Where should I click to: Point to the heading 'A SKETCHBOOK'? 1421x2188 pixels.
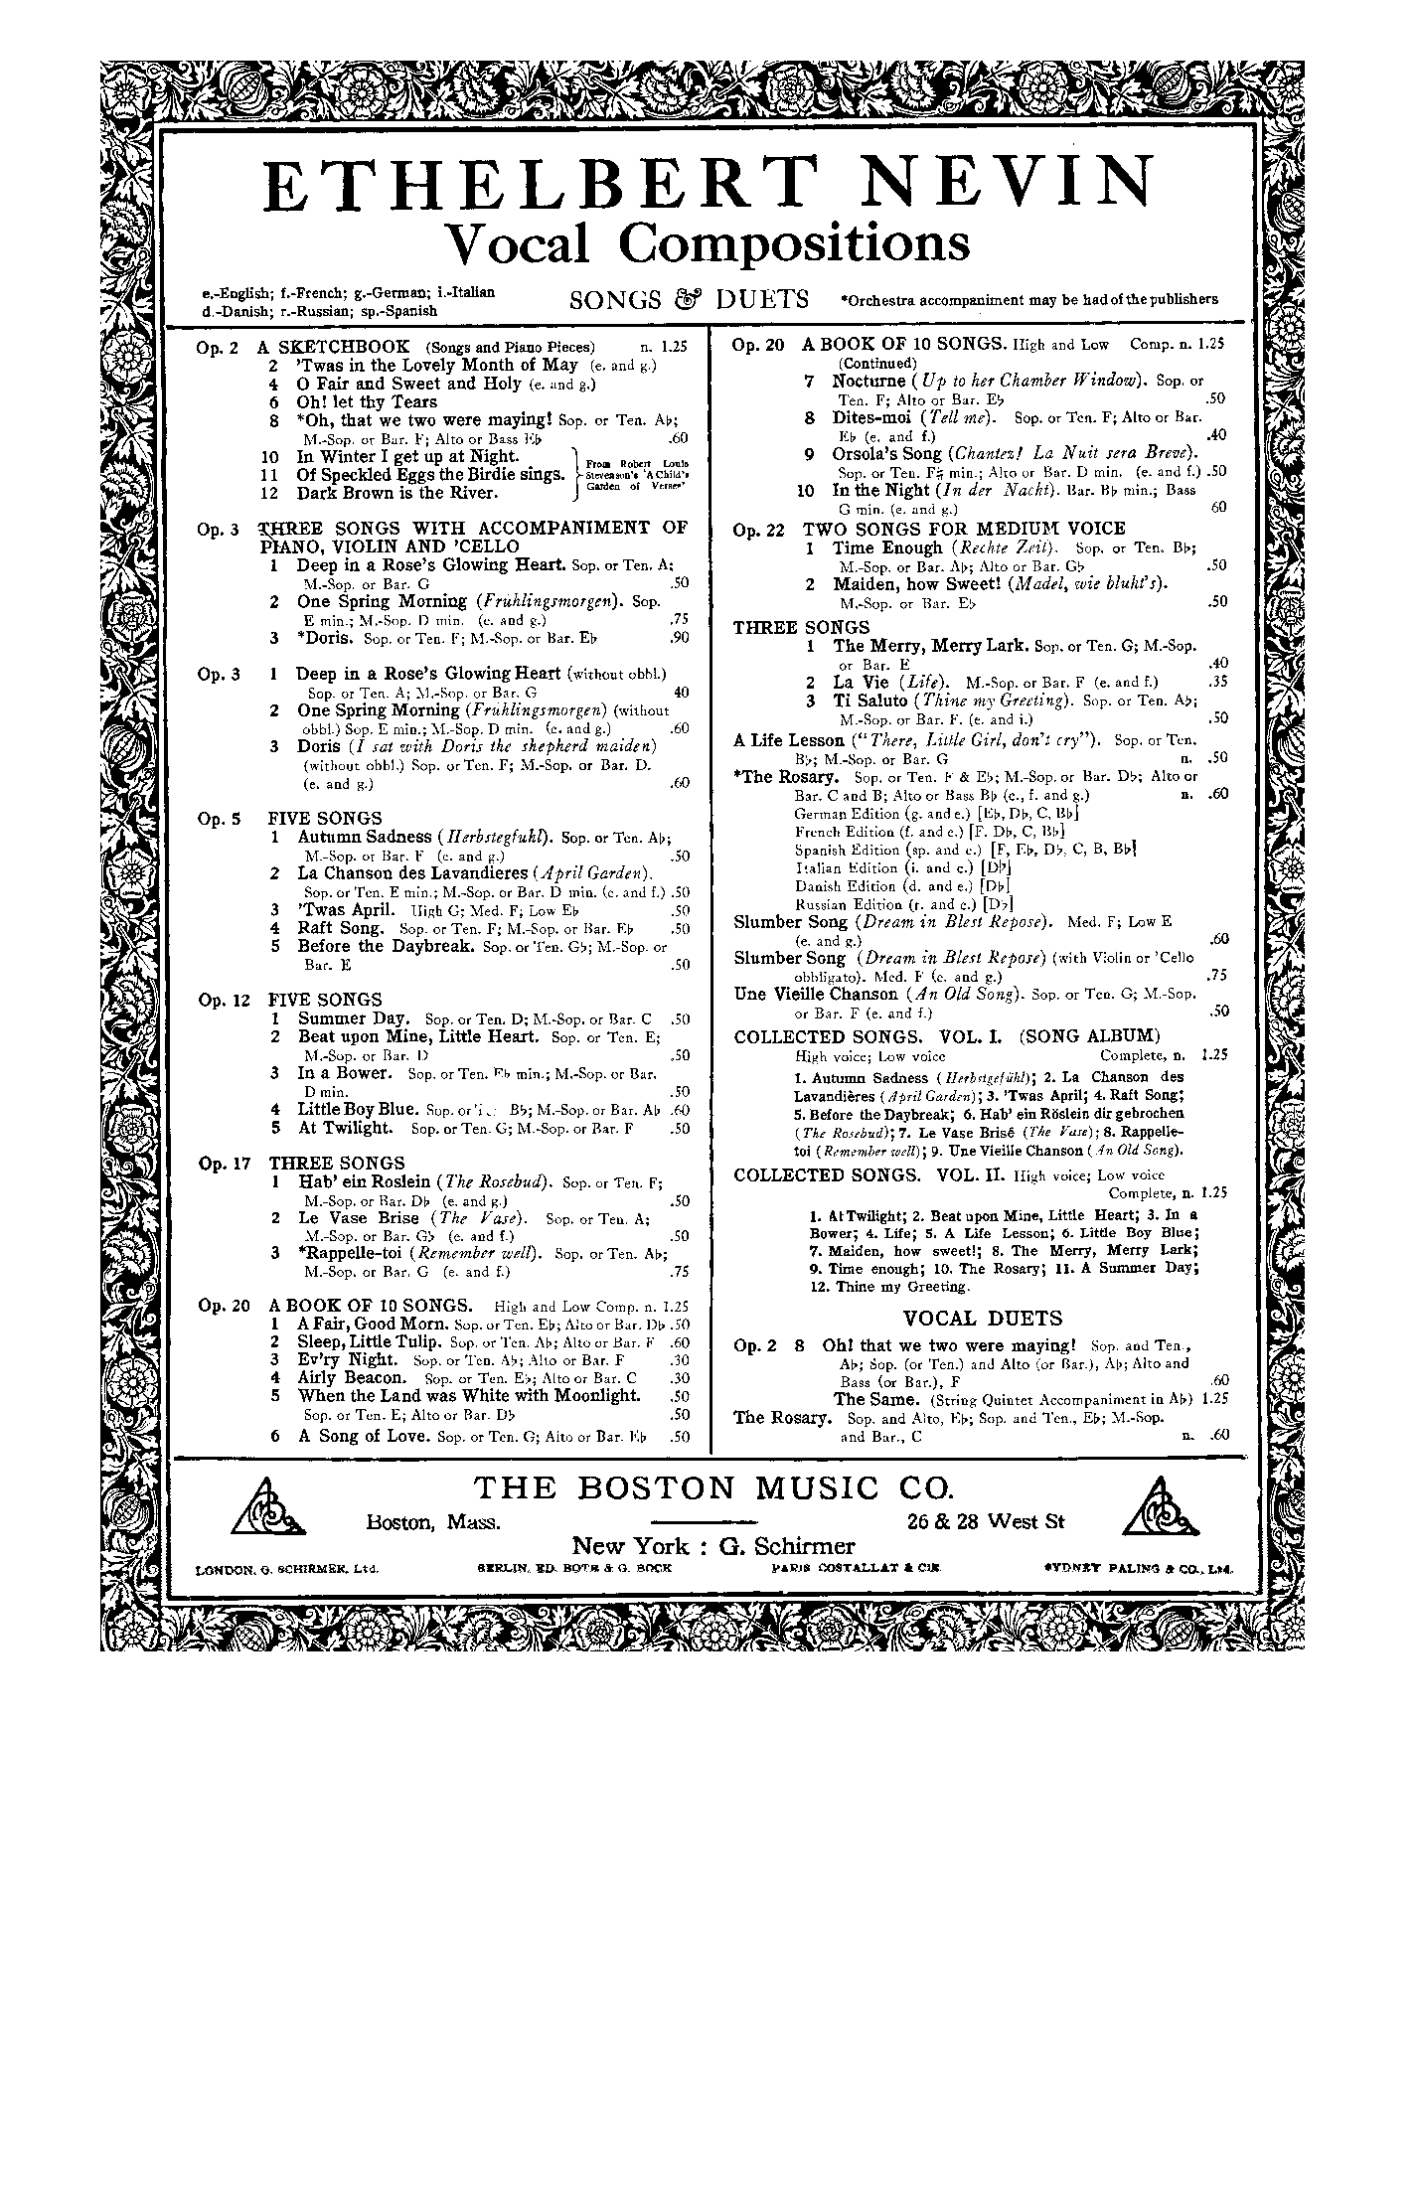[x=333, y=347]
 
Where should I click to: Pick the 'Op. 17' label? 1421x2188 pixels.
[x=225, y=1164]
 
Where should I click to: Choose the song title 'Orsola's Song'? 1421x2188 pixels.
[x=886, y=453]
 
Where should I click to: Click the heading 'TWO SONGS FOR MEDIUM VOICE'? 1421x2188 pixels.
[x=964, y=529]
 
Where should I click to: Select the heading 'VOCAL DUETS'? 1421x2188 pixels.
[x=983, y=1319]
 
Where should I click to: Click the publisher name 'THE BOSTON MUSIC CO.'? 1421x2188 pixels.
[x=711, y=1487]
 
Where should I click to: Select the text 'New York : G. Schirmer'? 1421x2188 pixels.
[x=712, y=1546]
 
